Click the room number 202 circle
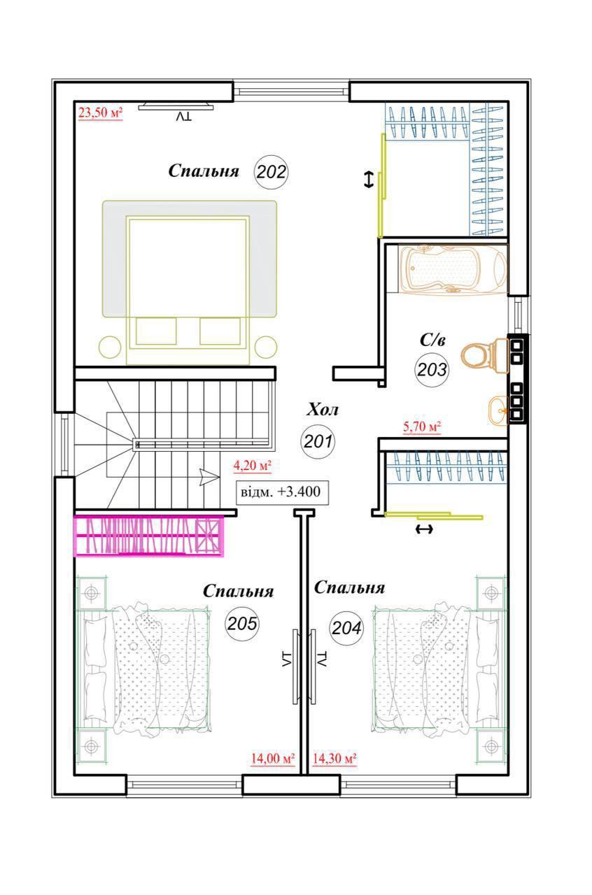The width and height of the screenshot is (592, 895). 272,171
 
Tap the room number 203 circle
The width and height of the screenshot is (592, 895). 431,369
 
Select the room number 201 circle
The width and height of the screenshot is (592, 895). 318,441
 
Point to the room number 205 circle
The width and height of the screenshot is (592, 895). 242,623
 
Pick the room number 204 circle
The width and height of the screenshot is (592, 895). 346,628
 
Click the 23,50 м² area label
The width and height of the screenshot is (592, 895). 100,113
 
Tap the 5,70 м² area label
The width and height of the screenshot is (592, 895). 421,427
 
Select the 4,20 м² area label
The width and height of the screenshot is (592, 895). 252,466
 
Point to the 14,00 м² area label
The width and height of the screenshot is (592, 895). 273,758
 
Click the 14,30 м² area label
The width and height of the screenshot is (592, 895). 334,758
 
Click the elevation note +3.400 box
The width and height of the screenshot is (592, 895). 283,492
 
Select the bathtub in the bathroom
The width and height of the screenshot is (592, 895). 453,269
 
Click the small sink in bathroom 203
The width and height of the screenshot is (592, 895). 498,410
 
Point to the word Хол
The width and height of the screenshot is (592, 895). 323,410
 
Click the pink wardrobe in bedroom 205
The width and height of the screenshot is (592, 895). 149,536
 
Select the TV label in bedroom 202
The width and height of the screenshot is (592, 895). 184,117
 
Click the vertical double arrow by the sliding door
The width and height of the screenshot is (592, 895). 368,180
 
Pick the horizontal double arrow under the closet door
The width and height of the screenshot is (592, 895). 424,529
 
